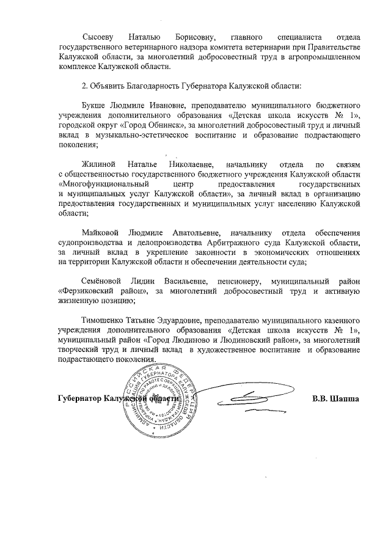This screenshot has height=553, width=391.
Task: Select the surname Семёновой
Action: (103, 282)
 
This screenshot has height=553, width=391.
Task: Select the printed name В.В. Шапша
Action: (335, 399)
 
